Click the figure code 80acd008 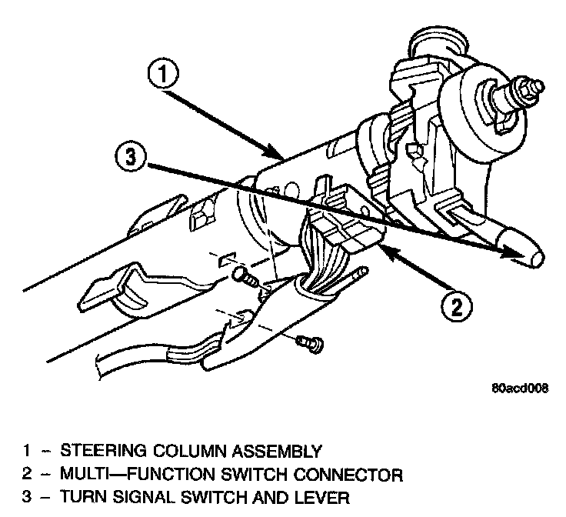click(x=519, y=389)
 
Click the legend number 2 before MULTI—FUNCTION click(x=25, y=475)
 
